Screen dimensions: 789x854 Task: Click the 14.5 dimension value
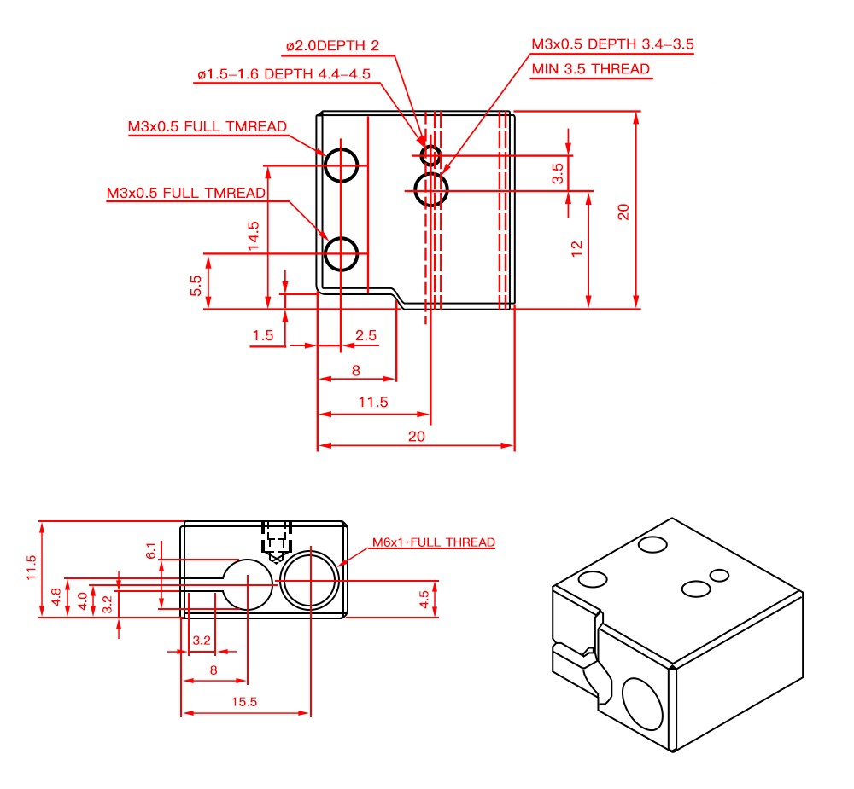(x=254, y=235)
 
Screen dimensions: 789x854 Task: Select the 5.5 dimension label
(x=196, y=286)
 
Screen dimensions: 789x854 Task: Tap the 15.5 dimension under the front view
(x=243, y=701)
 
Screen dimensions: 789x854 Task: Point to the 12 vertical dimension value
(x=577, y=247)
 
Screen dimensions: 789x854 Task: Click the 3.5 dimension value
(x=558, y=174)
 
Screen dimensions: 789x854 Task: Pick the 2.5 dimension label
(x=366, y=335)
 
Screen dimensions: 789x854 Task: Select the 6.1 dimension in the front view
(x=151, y=551)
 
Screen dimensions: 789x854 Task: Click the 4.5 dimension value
(x=424, y=598)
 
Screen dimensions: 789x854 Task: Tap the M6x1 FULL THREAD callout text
(x=433, y=542)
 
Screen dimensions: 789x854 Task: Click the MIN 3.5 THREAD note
(x=590, y=69)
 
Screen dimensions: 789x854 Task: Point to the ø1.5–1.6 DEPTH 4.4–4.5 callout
(x=283, y=74)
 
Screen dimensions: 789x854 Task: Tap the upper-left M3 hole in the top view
(x=341, y=165)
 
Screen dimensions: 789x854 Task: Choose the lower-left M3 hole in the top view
(x=342, y=253)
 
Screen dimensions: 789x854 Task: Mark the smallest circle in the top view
(x=430, y=155)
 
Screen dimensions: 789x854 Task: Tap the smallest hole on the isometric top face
(x=719, y=574)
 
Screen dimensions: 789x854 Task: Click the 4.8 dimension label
(x=56, y=597)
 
